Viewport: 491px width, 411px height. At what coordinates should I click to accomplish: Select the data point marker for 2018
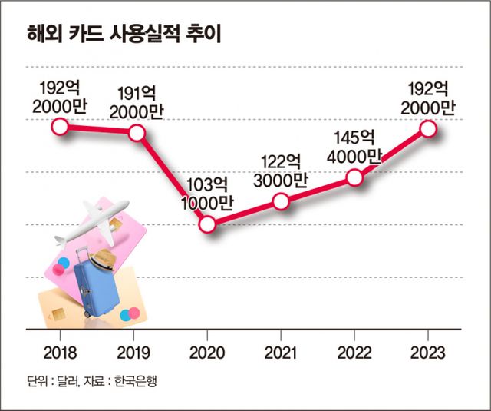tap(60, 127)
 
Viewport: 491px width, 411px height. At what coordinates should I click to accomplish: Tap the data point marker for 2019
tap(137, 133)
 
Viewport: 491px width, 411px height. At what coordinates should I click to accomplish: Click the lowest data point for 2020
tap(208, 224)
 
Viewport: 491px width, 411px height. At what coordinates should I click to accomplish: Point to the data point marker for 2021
tap(281, 201)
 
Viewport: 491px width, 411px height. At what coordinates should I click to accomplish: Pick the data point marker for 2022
tap(354, 177)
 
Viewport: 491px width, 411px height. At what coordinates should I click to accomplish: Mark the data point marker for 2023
tap(427, 128)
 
